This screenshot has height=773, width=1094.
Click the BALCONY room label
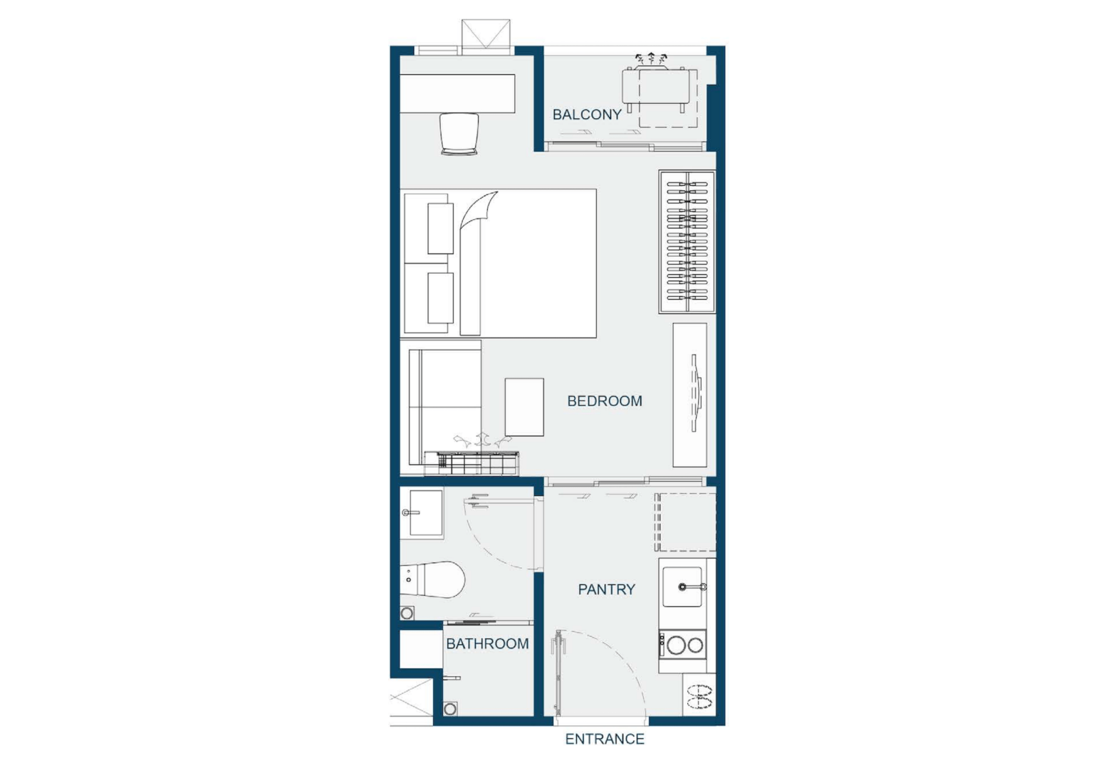click(587, 115)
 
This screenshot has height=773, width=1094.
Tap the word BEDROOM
click(605, 401)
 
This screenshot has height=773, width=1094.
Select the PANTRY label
click(607, 589)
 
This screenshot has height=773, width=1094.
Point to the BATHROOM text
click(487, 643)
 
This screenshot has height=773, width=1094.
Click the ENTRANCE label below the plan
click(605, 739)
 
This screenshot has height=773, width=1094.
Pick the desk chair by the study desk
click(459, 135)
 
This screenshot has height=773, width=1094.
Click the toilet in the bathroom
click(432, 579)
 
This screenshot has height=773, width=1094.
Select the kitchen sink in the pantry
click(682, 587)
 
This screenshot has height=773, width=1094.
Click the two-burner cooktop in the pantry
click(683, 645)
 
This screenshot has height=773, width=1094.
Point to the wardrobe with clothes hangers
click(687, 241)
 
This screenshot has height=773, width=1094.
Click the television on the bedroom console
click(697, 394)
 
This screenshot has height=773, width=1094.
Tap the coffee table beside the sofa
click(524, 407)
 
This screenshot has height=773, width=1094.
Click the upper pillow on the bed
click(441, 228)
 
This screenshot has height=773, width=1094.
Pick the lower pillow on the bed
click(441, 298)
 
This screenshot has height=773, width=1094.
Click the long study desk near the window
click(458, 94)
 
